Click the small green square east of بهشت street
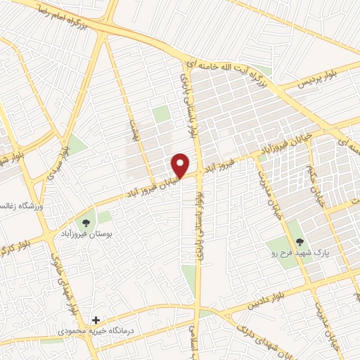click(x=162, y=114)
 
